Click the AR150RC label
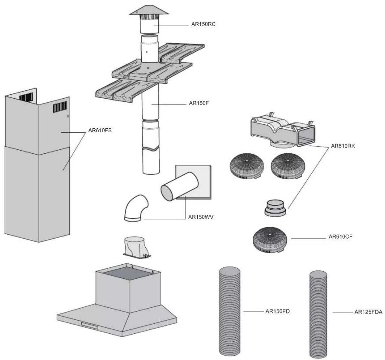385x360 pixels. coord(203,24)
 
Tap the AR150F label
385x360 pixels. coord(199,103)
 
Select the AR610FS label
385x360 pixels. coord(100,130)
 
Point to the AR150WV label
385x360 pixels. coord(201,217)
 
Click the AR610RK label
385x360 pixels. coord(343,146)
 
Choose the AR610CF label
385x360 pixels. coord(340,237)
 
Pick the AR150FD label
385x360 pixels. coord(278,311)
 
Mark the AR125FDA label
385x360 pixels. coord(368,312)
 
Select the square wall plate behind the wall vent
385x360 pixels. coord(193,182)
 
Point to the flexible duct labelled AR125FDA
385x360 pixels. coord(318,314)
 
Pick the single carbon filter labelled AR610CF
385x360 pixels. coord(270,240)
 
